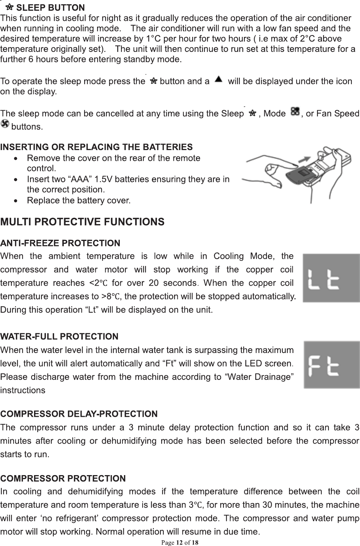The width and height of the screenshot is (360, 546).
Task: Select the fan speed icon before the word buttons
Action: click(x=5, y=124)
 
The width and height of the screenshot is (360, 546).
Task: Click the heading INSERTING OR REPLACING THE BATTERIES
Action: click(x=96, y=147)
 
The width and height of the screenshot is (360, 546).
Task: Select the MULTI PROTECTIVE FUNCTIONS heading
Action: click(x=82, y=222)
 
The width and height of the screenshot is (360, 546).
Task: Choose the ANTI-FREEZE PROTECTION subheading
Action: click(x=60, y=243)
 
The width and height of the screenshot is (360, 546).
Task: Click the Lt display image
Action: click(x=331, y=278)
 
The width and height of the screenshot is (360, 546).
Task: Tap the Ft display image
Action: click(x=331, y=365)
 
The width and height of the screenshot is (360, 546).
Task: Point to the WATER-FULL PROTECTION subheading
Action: click(x=59, y=337)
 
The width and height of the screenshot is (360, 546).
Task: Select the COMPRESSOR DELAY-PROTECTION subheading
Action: click(x=79, y=414)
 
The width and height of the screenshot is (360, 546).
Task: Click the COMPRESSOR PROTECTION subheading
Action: click(x=63, y=479)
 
